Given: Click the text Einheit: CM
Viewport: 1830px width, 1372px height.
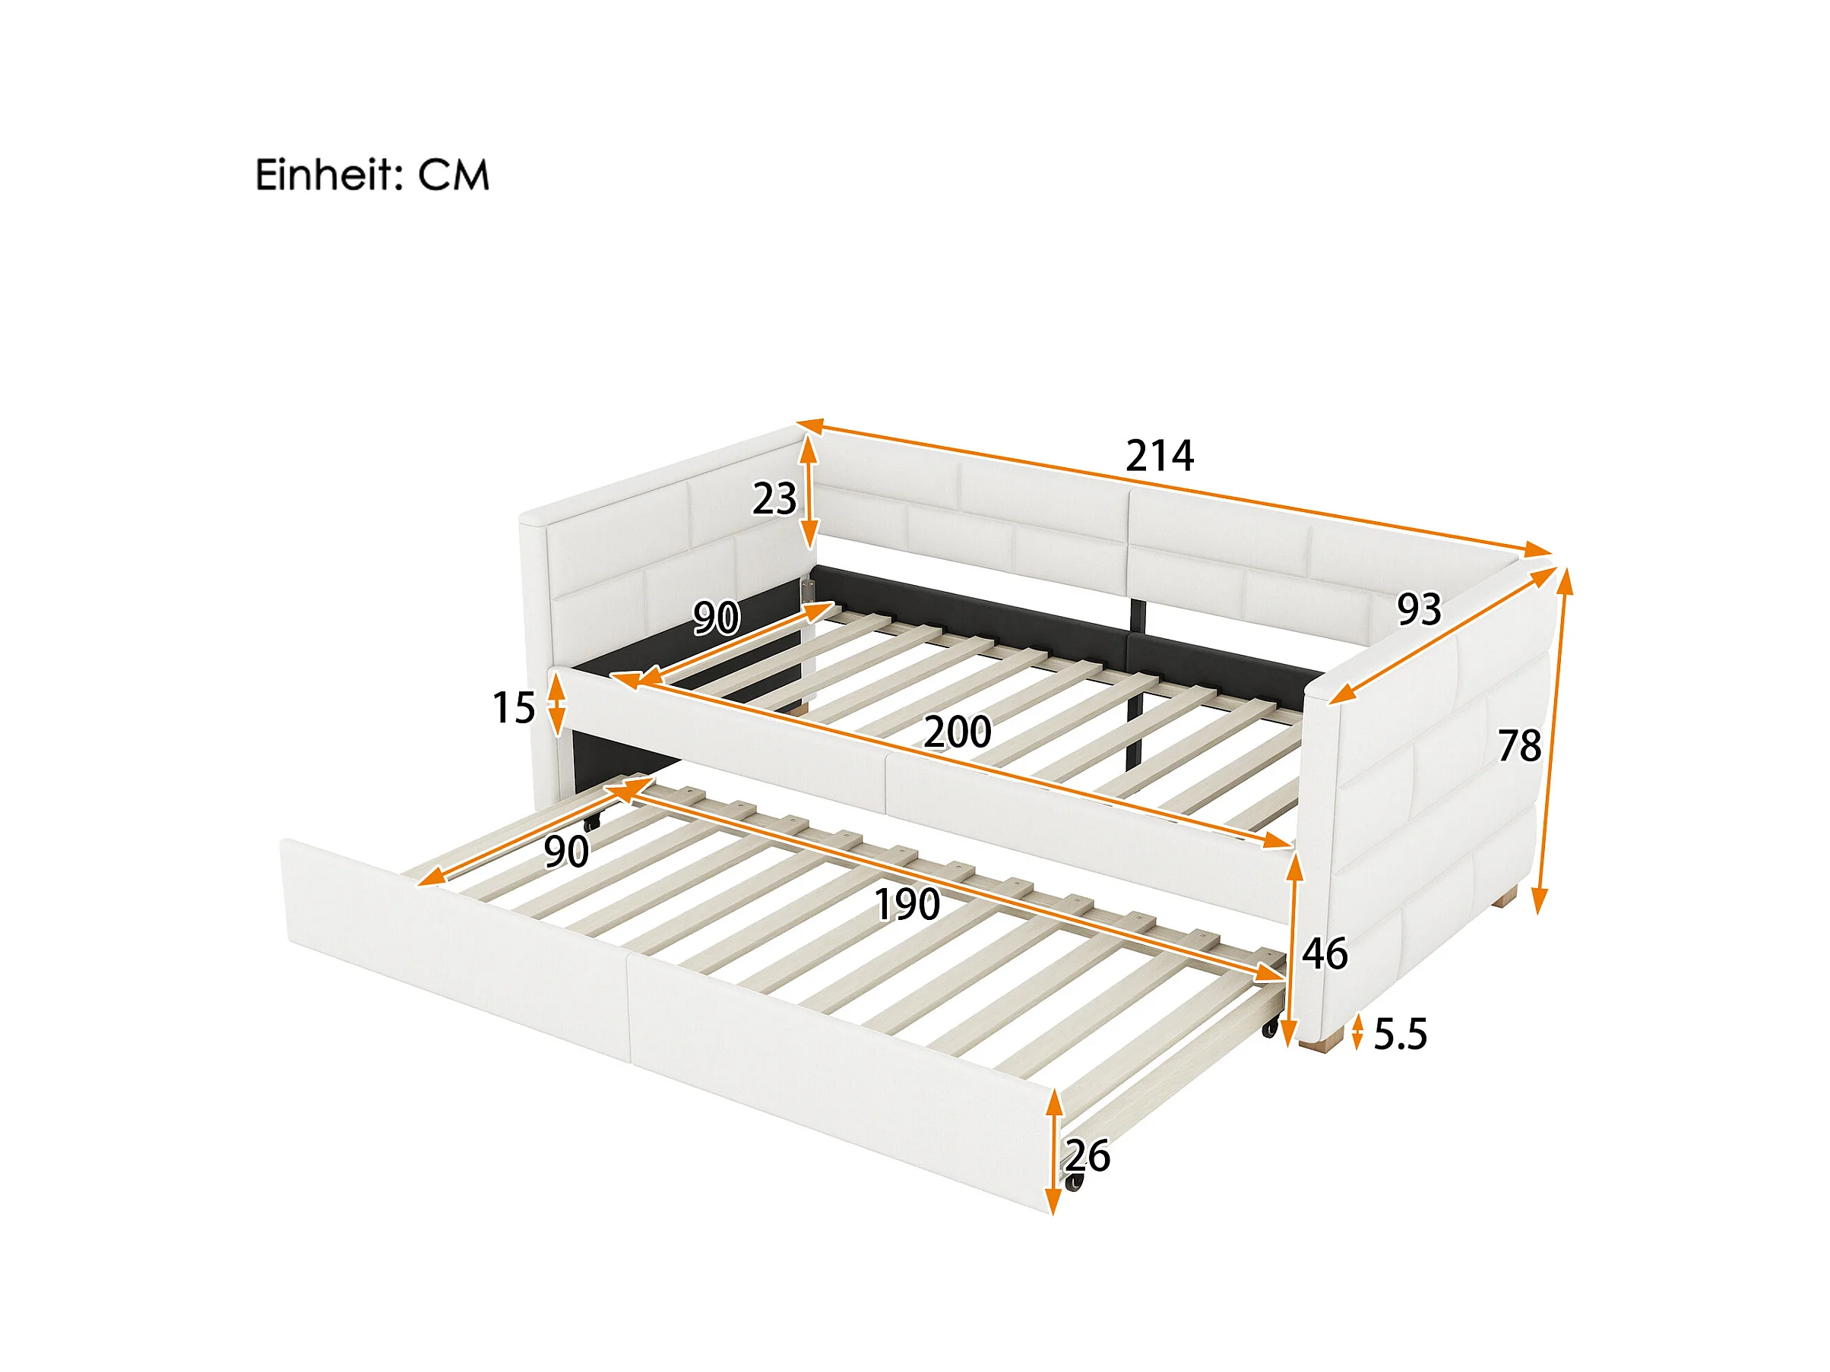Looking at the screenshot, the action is (372, 175).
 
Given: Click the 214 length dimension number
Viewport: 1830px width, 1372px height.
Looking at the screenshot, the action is (1159, 456).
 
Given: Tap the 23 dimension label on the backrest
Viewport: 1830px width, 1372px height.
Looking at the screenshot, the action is (774, 498).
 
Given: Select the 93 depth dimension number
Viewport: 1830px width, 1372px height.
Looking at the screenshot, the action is (1419, 609).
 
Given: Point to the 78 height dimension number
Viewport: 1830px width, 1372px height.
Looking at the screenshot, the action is (1520, 746).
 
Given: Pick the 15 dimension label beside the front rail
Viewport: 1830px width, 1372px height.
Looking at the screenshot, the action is (514, 708).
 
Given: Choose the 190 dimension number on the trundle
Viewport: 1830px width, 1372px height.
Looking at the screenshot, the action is (907, 905).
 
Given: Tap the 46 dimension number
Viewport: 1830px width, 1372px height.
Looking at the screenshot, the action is (1325, 953).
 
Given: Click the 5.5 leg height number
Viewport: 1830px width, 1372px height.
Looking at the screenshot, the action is (1401, 1035).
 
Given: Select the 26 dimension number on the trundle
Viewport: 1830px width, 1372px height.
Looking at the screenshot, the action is (1087, 1156).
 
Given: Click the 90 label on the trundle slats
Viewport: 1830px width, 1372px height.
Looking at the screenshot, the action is (567, 852).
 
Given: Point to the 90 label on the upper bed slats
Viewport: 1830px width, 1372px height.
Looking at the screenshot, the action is (717, 618).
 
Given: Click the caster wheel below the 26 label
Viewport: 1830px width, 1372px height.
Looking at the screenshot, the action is (1074, 1182).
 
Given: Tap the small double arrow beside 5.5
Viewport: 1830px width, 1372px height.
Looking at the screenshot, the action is (1357, 1034).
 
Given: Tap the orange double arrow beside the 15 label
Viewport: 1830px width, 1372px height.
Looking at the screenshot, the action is (558, 703).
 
